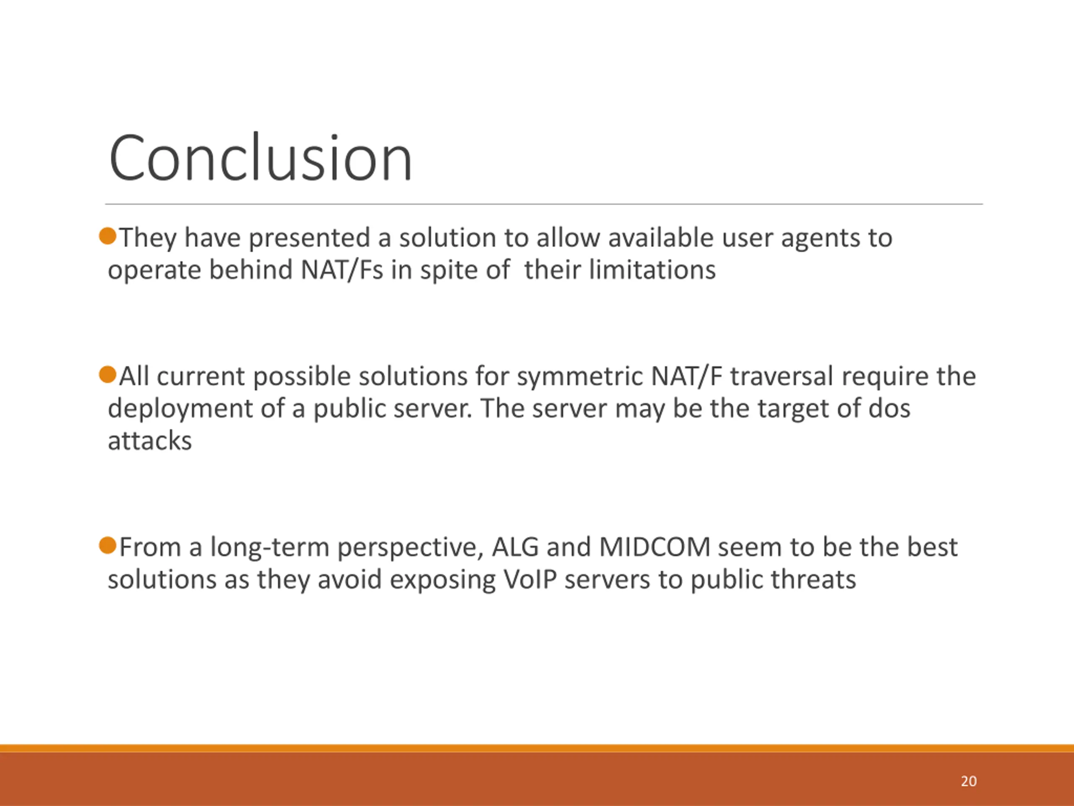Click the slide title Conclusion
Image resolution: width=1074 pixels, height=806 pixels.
[x=261, y=158]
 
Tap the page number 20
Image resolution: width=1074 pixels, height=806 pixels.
[x=969, y=781]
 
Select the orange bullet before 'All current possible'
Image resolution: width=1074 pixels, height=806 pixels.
[x=108, y=374]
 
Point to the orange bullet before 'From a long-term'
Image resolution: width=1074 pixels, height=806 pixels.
[x=108, y=546]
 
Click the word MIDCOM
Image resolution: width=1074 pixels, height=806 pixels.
[x=654, y=547]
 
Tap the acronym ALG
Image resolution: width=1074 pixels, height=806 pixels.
[x=515, y=547]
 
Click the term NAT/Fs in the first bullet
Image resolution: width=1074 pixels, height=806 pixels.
[x=342, y=270]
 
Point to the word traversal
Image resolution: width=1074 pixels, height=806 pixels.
[x=782, y=376]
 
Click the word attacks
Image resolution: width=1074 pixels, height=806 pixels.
[x=149, y=441]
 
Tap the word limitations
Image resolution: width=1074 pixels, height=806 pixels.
[x=652, y=270]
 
